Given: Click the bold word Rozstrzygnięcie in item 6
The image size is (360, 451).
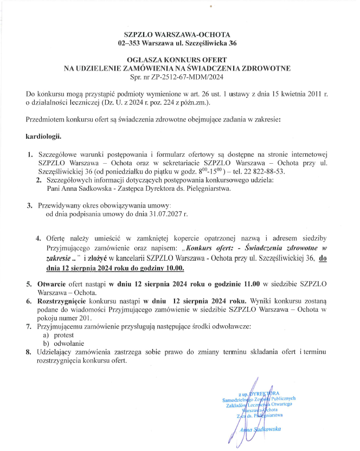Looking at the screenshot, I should point(66,300).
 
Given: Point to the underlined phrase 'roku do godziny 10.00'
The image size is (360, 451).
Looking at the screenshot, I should point(142,268).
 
